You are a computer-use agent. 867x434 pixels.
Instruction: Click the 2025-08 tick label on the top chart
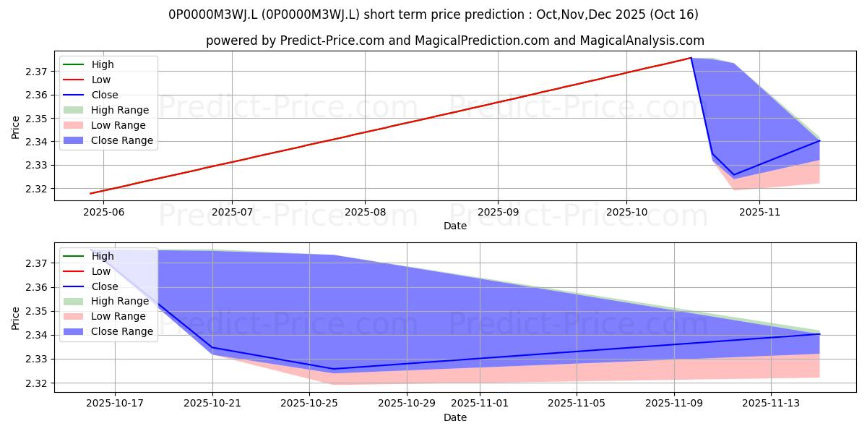pyautogui.click(x=365, y=213)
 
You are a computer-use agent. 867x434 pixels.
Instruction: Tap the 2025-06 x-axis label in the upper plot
pyautogui.click(x=104, y=213)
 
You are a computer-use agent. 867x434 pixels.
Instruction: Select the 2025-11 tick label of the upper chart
pyautogui.click(x=759, y=213)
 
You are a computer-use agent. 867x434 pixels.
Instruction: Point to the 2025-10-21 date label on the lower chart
pyautogui.click(x=212, y=404)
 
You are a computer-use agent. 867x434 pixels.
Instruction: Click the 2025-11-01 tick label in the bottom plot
pyautogui.click(x=480, y=404)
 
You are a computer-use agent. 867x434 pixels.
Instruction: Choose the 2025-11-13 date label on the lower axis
pyautogui.click(x=771, y=404)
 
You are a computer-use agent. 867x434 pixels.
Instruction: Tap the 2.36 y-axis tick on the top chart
pyautogui.click(x=36, y=95)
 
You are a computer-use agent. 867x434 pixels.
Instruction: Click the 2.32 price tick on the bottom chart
pyautogui.click(x=36, y=383)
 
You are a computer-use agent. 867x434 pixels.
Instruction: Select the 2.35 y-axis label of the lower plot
pyautogui.click(x=36, y=312)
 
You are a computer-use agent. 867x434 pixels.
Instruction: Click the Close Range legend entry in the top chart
pyautogui.click(x=108, y=140)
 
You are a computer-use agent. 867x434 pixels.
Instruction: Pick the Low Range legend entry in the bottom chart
pyautogui.click(x=105, y=316)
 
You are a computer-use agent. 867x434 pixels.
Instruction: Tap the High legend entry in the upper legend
pyautogui.click(x=88, y=64)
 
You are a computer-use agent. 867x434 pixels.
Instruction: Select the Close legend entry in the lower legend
pyautogui.click(x=90, y=286)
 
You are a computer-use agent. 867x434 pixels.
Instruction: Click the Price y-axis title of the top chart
pyautogui.click(x=15, y=127)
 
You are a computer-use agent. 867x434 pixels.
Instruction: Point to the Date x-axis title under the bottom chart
pyautogui.click(x=455, y=418)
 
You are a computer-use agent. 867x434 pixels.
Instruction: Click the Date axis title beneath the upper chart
pyautogui.click(x=455, y=226)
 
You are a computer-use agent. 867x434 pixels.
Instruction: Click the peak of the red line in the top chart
pyautogui.click(x=691, y=58)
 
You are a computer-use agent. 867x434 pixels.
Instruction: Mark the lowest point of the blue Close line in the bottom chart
pyautogui.click(x=334, y=369)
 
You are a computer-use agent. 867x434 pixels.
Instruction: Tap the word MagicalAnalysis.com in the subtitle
pyautogui.click(x=642, y=41)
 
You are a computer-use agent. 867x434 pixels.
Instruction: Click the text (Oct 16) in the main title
pyautogui.click(x=674, y=14)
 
